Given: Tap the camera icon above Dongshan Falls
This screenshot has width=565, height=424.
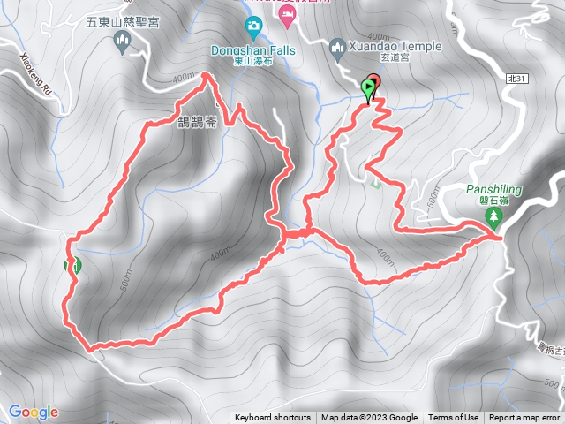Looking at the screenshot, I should (253, 25).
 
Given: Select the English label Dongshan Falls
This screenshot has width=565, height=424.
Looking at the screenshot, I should (252, 51).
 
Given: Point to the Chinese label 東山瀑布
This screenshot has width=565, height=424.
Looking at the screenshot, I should (253, 63).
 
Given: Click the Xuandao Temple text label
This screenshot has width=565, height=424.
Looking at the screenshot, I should (392, 44).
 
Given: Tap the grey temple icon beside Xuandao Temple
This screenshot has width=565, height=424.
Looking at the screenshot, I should (337, 46).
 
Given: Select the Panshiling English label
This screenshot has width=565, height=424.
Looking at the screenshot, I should (494, 189).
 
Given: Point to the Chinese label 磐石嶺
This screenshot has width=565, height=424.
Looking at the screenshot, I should (494, 201).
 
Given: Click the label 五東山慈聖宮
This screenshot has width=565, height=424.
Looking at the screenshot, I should (123, 21).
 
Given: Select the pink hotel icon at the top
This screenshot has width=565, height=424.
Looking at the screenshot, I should (287, 15).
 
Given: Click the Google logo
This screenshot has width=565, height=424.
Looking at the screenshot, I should (34, 412).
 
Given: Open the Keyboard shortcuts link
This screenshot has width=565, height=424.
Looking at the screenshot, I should (273, 418).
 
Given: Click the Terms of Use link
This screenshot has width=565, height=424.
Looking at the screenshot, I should (454, 418).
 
